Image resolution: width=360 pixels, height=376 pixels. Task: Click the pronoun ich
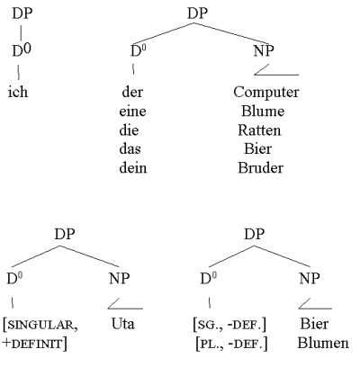pyautogui.click(x=18, y=92)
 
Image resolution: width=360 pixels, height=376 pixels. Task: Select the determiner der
pyautogui.click(x=132, y=92)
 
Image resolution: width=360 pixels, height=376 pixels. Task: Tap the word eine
pyautogui.click(x=132, y=112)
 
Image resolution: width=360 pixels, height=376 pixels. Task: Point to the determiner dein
pyautogui.click(x=133, y=167)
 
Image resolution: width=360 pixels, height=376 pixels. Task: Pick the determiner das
pyautogui.click(x=130, y=148)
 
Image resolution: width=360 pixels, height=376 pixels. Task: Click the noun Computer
pyautogui.click(x=266, y=93)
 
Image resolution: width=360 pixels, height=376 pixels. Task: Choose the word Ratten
pyautogui.click(x=259, y=130)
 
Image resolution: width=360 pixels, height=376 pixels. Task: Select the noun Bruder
pyautogui.click(x=260, y=167)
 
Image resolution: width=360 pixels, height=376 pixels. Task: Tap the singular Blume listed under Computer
pyautogui.click(x=263, y=112)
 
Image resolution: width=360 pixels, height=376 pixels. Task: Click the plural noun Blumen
pyautogui.click(x=323, y=343)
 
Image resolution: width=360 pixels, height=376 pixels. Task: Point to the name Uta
pyautogui.click(x=123, y=324)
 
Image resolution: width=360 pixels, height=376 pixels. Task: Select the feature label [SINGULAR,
pyautogui.click(x=40, y=325)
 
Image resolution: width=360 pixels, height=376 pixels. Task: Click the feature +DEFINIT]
pyautogui.click(x=34, y=344)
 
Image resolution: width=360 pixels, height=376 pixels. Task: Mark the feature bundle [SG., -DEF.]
pyautogui.click(x=229, y=325)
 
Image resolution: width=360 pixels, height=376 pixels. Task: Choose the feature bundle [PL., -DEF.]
pyautogui.click(x=231, y=344)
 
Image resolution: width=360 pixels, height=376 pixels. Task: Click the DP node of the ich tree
pyautogui.click(x=22, y=13)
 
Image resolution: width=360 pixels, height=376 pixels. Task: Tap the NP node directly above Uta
pyautogui.click(x=119, y=279)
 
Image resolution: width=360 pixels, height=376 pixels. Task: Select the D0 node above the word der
pyautogui.click(x=139, y=50)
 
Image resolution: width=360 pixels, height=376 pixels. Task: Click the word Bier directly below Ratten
pyautogui.click(x=258, y=148)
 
